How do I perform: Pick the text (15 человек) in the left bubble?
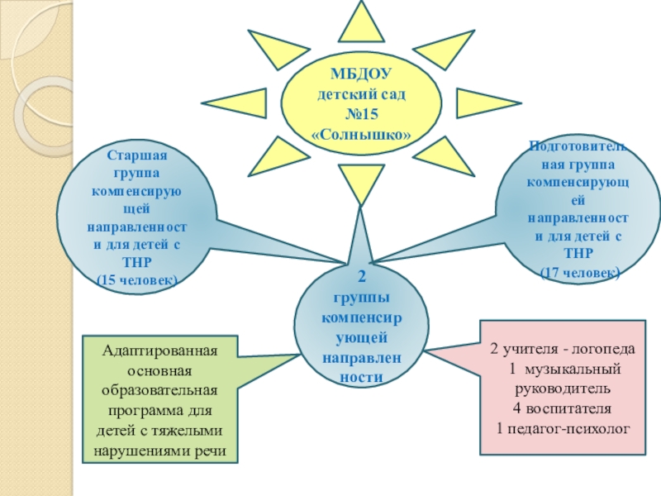click(x=136, y=280)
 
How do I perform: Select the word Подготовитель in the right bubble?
click(x=578, y=147)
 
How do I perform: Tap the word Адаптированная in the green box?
click(x=159, y=351)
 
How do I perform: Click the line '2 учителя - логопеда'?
click(x=563, y=349)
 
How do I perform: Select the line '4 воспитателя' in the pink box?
click(x=563, y=408)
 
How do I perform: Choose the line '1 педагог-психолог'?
click(x=563, y=428)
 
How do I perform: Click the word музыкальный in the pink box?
click(x=576, y=369)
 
